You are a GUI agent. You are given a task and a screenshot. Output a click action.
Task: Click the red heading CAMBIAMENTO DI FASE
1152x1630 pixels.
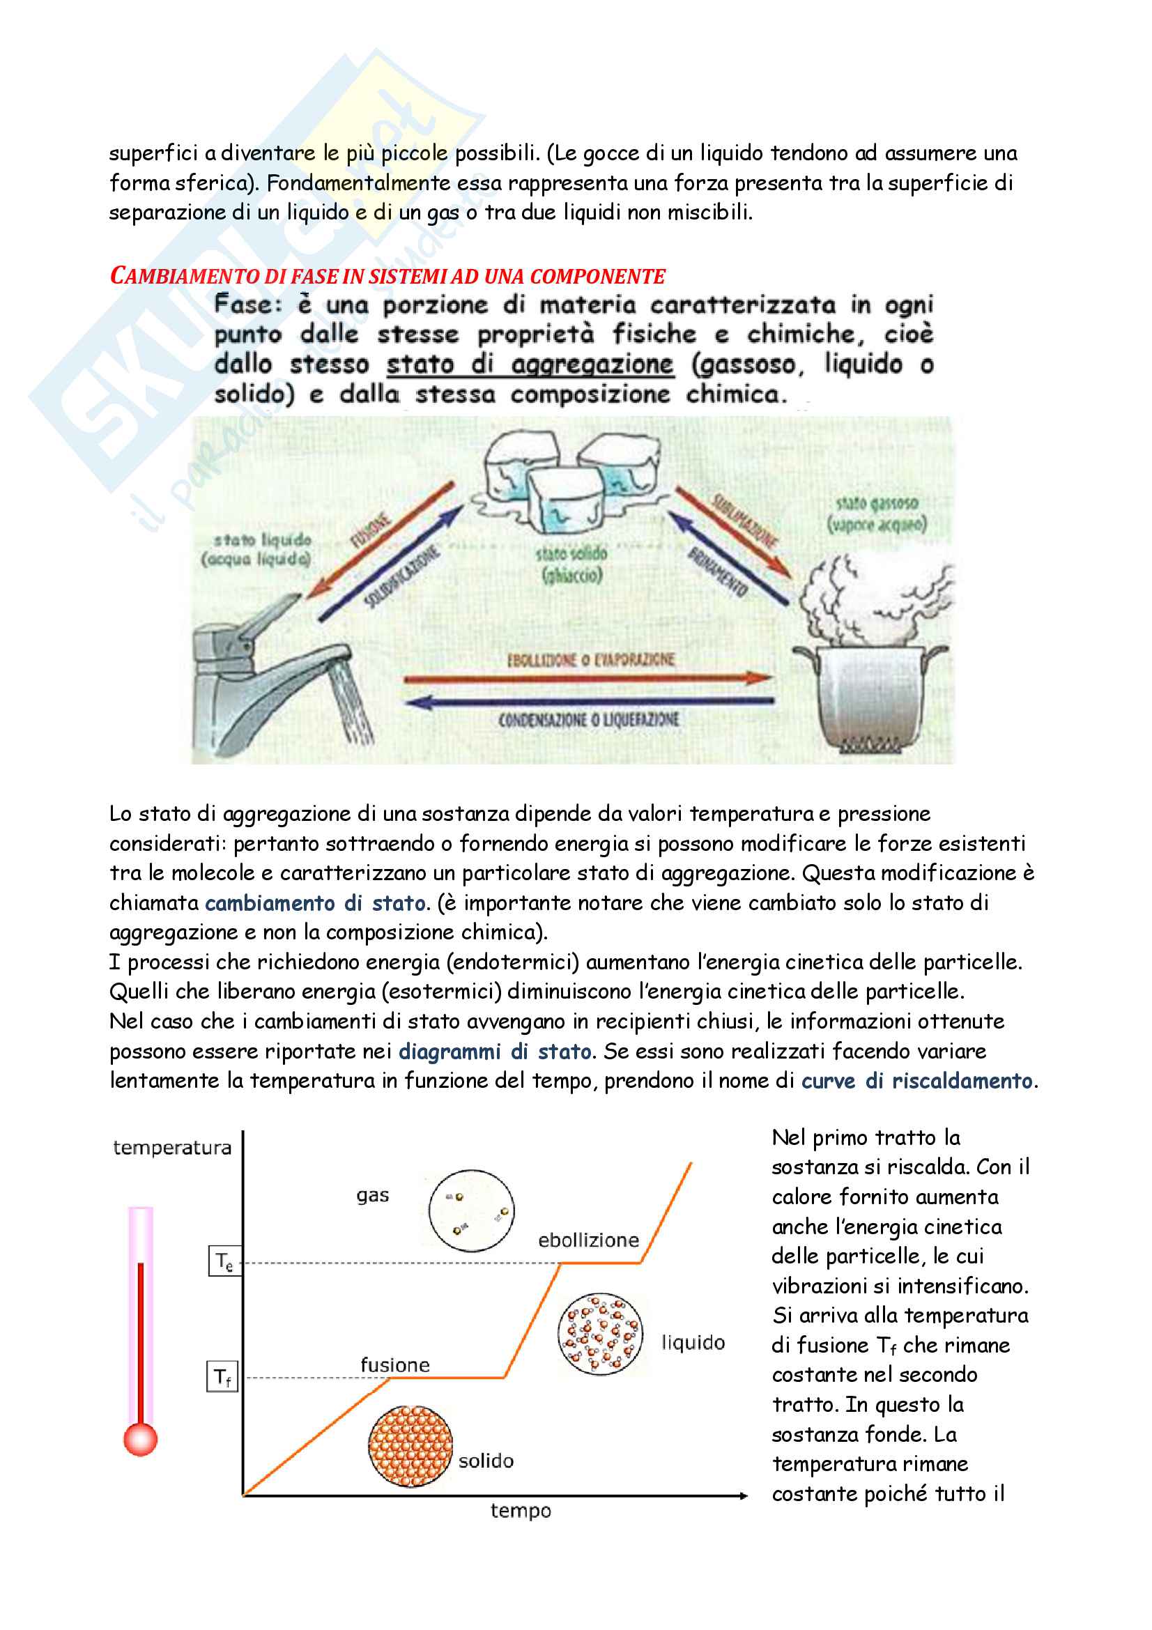tap(387, 275)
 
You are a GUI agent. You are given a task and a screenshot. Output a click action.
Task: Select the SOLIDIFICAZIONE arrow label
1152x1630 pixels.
tap(401, 578)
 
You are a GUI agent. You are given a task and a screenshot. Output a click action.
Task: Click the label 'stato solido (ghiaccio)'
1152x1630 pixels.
tap(571, 564)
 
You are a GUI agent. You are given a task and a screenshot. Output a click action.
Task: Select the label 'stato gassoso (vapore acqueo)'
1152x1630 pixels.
tap(877, 515)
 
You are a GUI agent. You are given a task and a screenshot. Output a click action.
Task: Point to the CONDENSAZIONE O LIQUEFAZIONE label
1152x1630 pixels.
tap(588, 721)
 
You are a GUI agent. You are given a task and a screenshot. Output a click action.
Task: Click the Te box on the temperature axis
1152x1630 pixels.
tap(224, 1261)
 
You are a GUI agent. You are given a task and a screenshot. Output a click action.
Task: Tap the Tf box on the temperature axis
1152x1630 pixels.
tap(222, 1376)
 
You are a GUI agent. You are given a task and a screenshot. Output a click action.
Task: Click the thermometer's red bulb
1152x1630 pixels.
tap(140, 1439)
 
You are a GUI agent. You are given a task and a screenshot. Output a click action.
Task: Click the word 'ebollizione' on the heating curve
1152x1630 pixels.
tap(588, 1240)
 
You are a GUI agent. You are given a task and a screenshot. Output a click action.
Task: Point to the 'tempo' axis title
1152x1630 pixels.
tap(521, 1511)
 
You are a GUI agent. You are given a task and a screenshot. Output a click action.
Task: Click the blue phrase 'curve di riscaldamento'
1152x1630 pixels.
tap(917, 1081)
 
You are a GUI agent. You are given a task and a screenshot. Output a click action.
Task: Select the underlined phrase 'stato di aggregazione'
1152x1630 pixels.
tap(530, 364)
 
